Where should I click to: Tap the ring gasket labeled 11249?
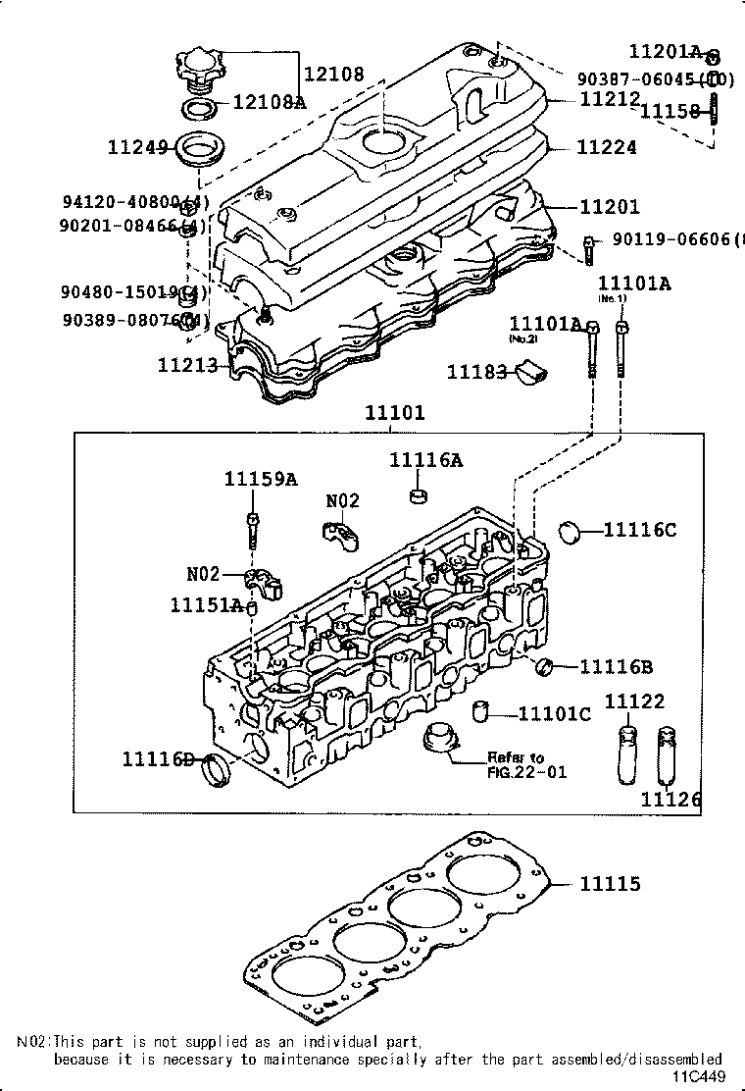pos(198,151)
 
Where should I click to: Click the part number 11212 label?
pos(609,99)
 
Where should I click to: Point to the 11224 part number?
pos(606,147)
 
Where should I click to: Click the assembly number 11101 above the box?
pos(395,413)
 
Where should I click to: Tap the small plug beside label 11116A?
pos(418,492)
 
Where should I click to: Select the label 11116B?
pos(616,667)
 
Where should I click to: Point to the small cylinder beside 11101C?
pos(481,710)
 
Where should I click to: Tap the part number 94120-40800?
pos(135,202)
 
